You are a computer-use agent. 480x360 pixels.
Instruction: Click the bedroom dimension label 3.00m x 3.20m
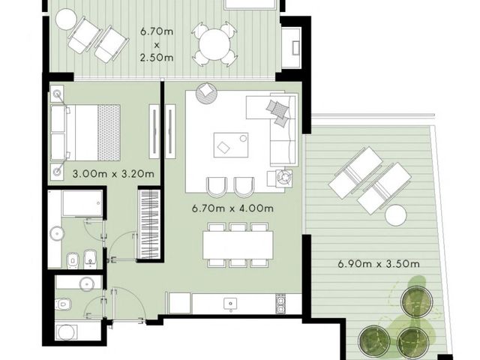click(113, 174)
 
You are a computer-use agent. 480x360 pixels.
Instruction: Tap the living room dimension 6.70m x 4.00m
click(232, 208)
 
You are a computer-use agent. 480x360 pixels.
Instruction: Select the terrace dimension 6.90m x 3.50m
click(379, 263)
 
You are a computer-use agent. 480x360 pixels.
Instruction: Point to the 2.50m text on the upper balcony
click(157, 58)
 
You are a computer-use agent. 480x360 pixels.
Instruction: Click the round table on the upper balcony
click(214, 44)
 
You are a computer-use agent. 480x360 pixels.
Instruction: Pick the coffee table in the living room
click(231, 145)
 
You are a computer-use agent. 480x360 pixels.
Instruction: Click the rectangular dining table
click(238, 245)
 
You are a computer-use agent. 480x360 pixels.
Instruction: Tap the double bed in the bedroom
click(85, 133)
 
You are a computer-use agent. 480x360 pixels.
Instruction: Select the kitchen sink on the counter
click(230, 304)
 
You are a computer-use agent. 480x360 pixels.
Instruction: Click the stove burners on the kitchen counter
click(280, 304)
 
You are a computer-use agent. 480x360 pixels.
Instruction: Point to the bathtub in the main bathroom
click(82, 203)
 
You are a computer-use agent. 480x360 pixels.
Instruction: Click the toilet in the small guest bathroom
click(63, 304)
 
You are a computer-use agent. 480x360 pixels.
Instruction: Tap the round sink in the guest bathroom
click(87, 283)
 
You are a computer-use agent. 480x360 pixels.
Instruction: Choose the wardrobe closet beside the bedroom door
click(150, 225)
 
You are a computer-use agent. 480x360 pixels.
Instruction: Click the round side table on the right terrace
click(396, 215)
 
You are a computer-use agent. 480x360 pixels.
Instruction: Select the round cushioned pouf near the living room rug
click(207, 93)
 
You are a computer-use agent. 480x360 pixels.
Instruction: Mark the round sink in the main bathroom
click(57, 233)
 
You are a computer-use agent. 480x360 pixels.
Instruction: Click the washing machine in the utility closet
click(67, 332)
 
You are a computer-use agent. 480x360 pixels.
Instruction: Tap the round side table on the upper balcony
click(66, 19)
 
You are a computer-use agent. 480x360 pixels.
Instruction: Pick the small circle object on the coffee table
click(243, 138)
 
